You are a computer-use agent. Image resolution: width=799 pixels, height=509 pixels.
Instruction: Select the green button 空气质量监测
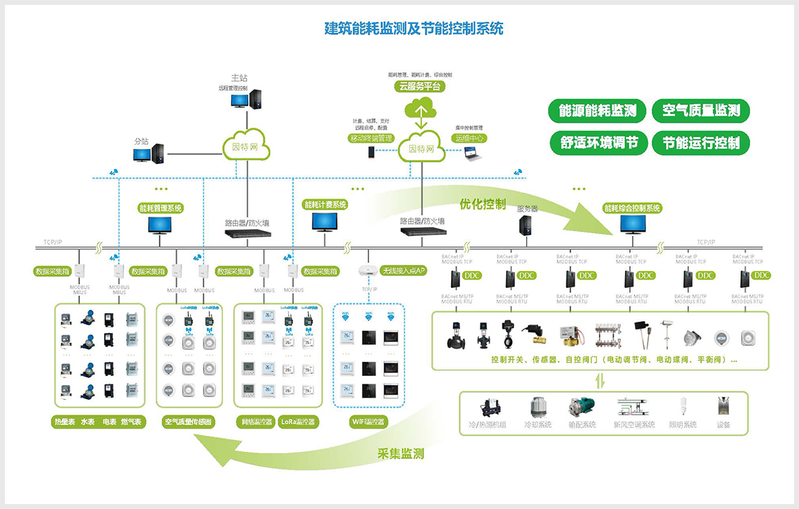click(700, 111)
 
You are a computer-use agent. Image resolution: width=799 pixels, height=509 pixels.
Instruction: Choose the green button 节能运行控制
click(700, 143)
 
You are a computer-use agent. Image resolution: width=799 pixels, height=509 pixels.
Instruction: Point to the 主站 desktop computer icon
click(240, 99)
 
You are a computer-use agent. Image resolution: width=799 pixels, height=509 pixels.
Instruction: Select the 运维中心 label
click(470, 138)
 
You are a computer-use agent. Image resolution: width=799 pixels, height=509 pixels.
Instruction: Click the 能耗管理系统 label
click(161, 208)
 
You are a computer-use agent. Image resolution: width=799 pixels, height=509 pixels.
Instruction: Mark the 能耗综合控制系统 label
click(632, 208)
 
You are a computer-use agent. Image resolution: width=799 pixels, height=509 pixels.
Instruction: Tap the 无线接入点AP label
click(403, 270)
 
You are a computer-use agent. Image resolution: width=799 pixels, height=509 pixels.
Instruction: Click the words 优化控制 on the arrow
click(483, 204)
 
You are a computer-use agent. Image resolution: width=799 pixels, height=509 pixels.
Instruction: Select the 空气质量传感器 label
click(188, 422)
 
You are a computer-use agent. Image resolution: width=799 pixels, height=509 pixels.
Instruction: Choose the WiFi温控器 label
click(368, 422)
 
